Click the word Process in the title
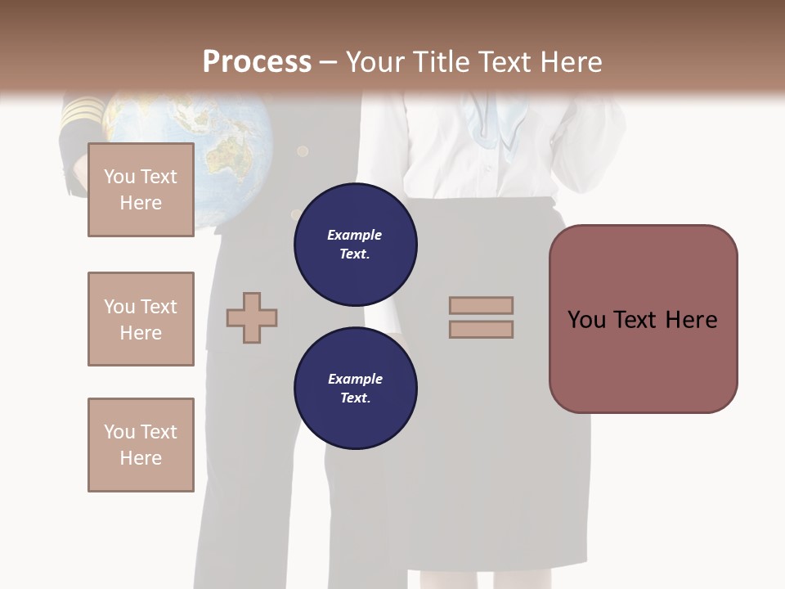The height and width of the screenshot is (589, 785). (x=257, y=61)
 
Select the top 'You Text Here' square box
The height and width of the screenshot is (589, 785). (x=141, y=190)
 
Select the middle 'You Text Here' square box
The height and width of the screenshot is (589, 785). (x=141, y=319)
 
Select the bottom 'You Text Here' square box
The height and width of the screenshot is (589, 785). (x=141, y=445)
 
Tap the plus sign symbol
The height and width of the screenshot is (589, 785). (x=252, y=317)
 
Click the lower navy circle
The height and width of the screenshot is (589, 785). (x=356, y=389)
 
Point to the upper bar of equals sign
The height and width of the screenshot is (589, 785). (x=481, y=306)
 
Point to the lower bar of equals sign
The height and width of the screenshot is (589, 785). (x=481, y=330)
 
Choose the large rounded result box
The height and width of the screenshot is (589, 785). (x=643, y=319)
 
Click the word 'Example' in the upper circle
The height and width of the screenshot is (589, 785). (x=355, y=235)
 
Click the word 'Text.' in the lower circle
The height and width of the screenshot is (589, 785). (x=355, y=398)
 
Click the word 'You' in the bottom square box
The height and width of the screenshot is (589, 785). (x=119, y=432)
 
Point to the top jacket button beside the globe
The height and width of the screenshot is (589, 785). (x=303, y=151)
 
